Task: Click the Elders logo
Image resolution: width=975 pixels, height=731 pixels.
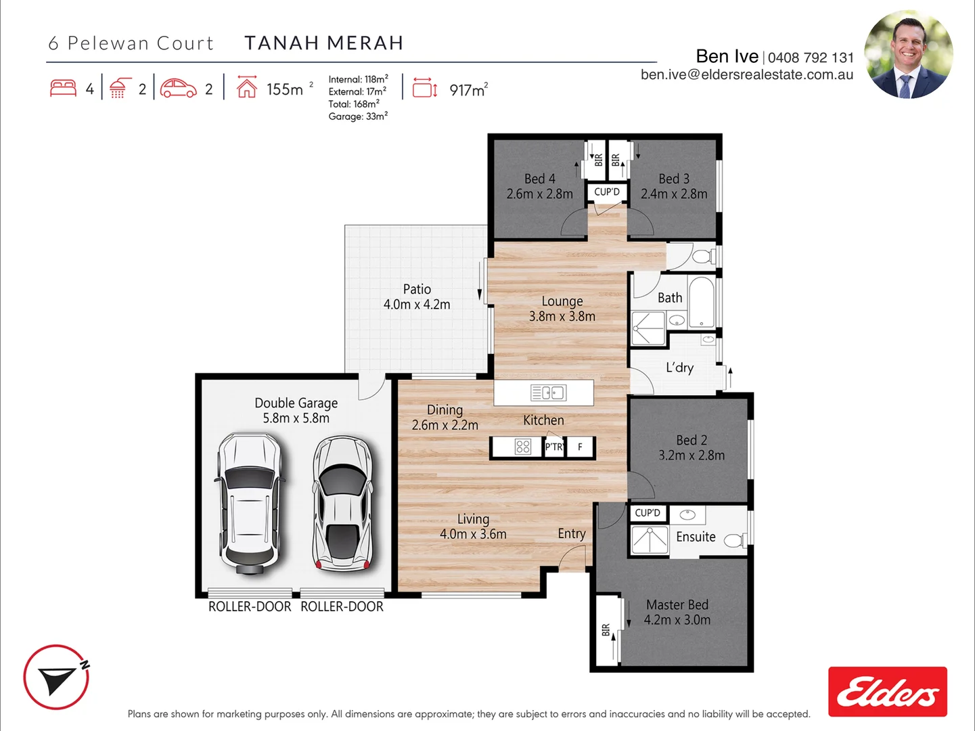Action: click(888, 692)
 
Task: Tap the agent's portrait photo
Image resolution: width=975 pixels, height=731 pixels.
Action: click(909, 54)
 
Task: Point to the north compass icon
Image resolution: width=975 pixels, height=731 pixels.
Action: click(56, 677)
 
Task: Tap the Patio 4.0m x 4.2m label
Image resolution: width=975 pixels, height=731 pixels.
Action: click(417, 297)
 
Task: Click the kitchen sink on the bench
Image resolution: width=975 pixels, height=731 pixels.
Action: click(548, 393)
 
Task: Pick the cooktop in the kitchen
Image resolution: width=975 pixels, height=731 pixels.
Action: click(523, 447)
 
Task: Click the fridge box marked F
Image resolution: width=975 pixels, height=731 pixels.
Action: click(580, 447)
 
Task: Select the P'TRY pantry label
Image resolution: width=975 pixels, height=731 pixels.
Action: click(554, 447)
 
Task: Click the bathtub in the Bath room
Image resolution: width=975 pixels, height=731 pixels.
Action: click(702, 302)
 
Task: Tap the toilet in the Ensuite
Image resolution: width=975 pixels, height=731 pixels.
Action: click(735, 540)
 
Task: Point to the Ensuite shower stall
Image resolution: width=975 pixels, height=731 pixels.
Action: click(650, 539)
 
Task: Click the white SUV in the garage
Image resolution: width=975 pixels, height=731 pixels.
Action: click(250, 504)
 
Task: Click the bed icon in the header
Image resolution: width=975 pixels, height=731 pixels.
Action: click(63, 88)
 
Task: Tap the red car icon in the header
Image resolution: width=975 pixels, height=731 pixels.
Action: click(178, 88)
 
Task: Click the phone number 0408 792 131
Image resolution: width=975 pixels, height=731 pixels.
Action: click(811, 58)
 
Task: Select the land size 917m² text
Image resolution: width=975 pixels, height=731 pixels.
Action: click(469, 90)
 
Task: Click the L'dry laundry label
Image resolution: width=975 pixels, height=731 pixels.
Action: click(679, 368)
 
